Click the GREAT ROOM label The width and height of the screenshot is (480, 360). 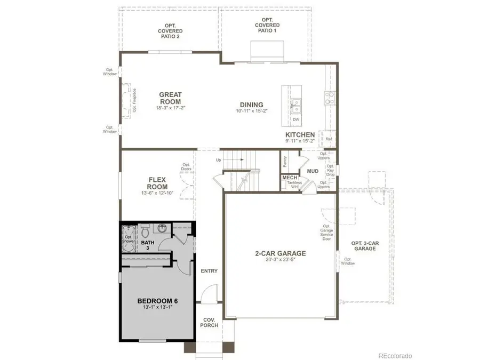(170, 98)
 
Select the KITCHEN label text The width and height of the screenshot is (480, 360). (300, 135)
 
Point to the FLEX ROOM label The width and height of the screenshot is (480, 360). (157, 183)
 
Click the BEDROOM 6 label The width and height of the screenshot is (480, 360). (157, 301)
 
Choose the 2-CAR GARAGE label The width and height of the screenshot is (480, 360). (279, 253)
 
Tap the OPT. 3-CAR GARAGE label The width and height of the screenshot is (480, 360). (365, 246)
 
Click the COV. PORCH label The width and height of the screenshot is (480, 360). (209, 322)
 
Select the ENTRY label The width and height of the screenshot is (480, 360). (209, 271)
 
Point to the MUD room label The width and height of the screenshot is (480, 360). (313, 171)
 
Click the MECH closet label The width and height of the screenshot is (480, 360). (290, 178)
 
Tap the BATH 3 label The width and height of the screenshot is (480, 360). (148, 245)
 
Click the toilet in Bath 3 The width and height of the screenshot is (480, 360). (144, 231)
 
